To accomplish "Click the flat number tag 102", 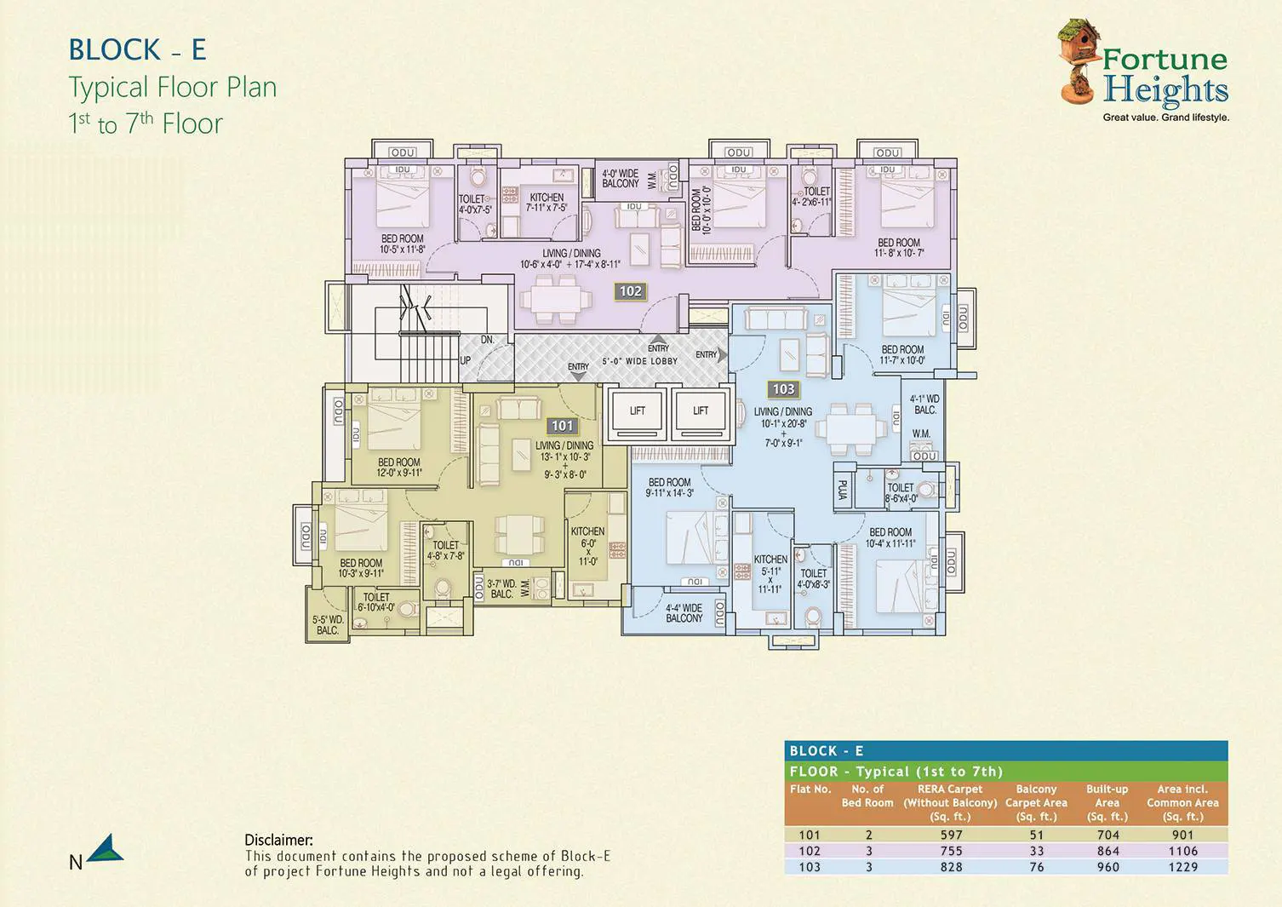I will pyautogui.click(x=630, y=291).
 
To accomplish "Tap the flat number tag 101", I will pyautogui.click(x=563, y=426).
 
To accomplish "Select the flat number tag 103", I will pyautogui.click(x=783, y=389).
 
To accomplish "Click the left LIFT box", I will pyautogui.click(x=637, y=411).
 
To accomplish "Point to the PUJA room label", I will pyautogui.click(x=843, y=491).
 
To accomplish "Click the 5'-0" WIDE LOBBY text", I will pyautogui.click(x=640, y=361).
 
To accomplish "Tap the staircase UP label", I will pyautogui.click(x=466, y=360).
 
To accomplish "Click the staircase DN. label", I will pyautogui.click(x=487, y=340).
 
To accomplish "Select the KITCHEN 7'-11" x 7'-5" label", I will pyautogui.click(x=547, y=202).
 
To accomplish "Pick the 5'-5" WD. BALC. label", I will pyautogui.click(x=328, y=625).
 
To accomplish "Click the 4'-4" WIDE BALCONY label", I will pyautogui.click(x=684, y=613).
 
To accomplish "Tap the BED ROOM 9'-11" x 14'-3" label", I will pyautogui.click(x=669, y=487).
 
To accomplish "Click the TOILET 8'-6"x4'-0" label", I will pyautogui.click(x=901, y=493).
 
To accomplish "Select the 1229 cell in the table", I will pyautogui.click(x=1182, y=867).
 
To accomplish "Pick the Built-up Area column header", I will pyautogui.click(x=1107, y=802).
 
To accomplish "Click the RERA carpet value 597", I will pyautogui.click(x=951, y=835).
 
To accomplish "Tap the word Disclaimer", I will pyautogui.click(x=278, y=841).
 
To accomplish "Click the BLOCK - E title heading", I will pyautogui.click(x=138, y=50).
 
